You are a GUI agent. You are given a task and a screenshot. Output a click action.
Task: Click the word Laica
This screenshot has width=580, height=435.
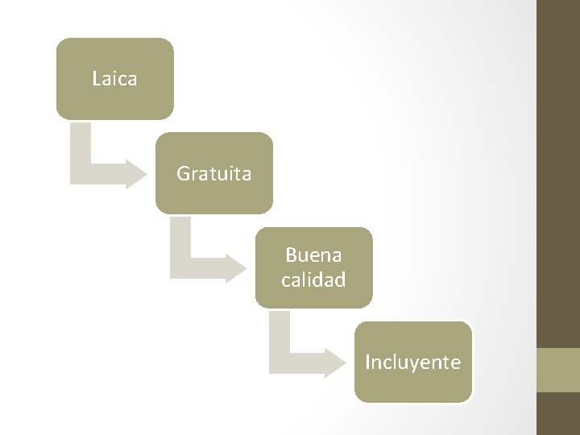coord(114,79)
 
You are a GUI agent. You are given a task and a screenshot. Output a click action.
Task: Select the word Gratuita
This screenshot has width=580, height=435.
coord(213,173)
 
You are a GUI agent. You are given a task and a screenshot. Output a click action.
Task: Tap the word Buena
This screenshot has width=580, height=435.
coord(313,255)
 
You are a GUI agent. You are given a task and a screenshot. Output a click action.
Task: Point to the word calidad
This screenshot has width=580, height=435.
coord(313,280)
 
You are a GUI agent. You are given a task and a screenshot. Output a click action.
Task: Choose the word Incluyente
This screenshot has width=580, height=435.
coord(412,362)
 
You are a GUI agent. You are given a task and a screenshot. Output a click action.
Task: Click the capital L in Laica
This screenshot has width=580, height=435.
coord(97,79)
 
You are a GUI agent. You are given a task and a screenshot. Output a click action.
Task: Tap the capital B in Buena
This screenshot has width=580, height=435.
coord(291,255)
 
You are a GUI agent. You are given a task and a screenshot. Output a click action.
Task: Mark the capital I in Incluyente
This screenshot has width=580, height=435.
coord(368,362)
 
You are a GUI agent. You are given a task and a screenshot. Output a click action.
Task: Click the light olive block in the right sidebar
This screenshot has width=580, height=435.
coord(558,370)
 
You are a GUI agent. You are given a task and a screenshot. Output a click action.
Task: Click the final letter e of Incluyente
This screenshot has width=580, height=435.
coord(456,363)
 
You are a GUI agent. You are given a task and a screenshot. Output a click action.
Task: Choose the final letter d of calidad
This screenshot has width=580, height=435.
coord(342,280)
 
